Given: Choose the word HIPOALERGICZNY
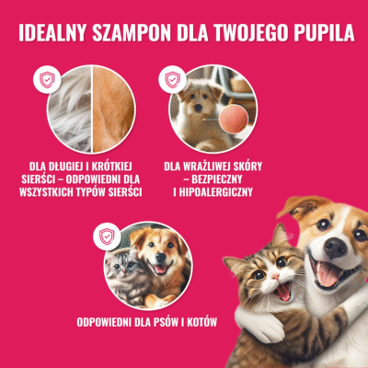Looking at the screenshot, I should pyautogui.click(x=213, y=192).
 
